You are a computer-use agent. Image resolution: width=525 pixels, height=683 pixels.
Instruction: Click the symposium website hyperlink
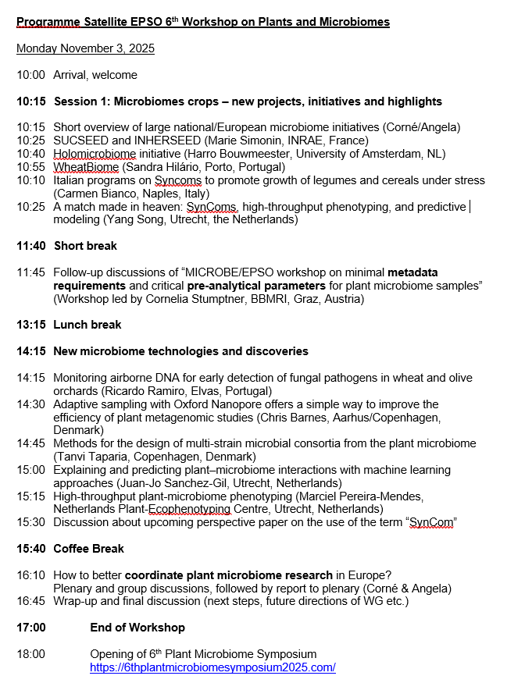(x=212, y=667)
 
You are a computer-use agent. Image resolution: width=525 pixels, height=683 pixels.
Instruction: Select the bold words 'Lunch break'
(x=87, y=325)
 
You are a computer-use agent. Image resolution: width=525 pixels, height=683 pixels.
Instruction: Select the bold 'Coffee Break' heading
(x=88, y=549)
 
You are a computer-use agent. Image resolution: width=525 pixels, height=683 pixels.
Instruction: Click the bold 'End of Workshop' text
(x=137, y=628)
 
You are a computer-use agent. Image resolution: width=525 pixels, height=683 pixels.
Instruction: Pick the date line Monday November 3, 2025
(x=86, y=48)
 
